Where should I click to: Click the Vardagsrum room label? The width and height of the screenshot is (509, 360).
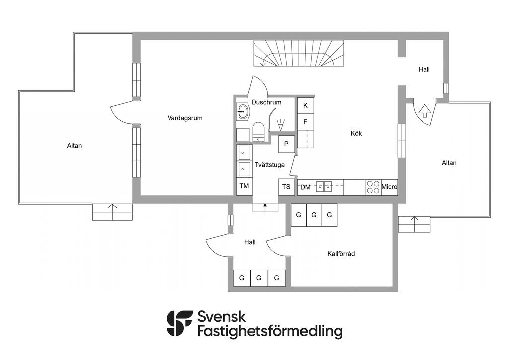coord(185,118)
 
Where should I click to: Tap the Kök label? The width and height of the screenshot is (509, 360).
coord(356,133)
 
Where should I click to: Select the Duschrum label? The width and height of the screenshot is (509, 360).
coord(266,102)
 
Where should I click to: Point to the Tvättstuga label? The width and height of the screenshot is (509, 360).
coord(269,165)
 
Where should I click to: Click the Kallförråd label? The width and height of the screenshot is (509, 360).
coord(341,254)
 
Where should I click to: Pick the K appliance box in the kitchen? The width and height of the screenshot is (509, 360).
coord(306,106)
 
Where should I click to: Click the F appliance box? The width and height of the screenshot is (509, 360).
coord(306,122)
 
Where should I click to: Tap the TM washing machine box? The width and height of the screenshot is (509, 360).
coord(244,186)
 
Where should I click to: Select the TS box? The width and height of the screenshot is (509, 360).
coord(286,187)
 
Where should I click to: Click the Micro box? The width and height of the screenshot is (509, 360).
coord(389,187)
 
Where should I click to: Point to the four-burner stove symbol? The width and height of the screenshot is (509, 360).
coord(373,187)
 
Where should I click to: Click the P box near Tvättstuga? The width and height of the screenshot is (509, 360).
coord(286,144)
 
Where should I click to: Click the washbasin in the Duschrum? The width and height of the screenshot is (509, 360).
coord(243,112)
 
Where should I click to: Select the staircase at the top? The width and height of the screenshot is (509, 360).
coord(298,54)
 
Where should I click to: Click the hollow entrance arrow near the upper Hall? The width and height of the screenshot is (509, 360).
coord(424,111)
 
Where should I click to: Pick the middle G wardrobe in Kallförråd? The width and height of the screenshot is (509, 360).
coord(314,215)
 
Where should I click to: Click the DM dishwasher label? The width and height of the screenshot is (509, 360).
coord(305,187)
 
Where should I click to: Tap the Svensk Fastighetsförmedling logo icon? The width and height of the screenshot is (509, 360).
coord(179,323)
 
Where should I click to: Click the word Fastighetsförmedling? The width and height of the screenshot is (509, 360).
coord(270,332)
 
